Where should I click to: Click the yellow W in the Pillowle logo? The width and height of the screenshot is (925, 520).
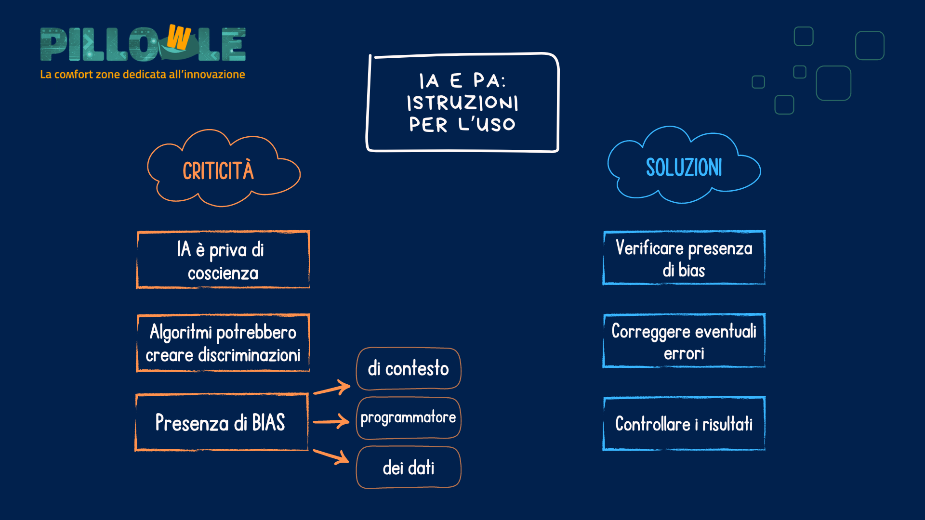pos(179,38)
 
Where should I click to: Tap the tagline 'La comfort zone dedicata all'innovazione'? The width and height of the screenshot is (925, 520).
pos(143,75)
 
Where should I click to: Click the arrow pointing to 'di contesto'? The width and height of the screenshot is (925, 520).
pos(332,388)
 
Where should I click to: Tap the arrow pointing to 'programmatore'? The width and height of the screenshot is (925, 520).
pos(331,422)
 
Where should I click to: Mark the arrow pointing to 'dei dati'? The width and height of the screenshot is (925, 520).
pos(331,456)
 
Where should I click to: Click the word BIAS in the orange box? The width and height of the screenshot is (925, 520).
pos(268,423)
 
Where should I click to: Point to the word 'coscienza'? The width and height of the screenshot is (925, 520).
pos(223,273)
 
